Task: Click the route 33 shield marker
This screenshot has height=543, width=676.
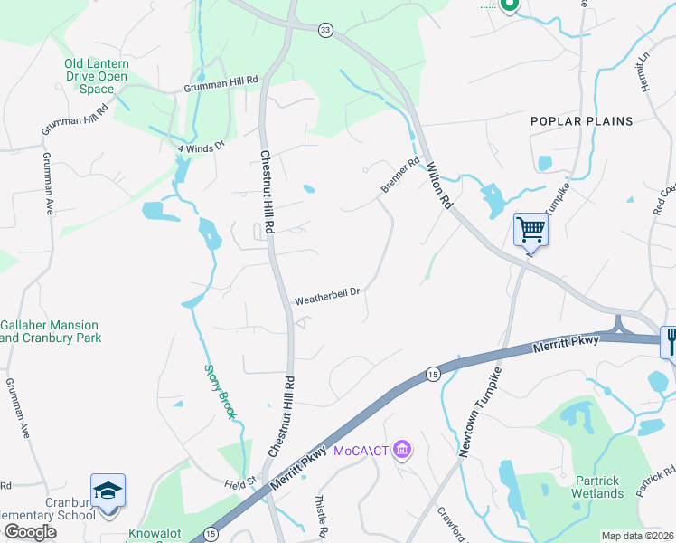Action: tap(325, 30)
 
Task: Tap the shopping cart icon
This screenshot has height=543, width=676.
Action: tap(530, 229)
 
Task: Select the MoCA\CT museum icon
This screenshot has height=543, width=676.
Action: tap(403, 450)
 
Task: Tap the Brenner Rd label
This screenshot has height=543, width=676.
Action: tap(400, 176)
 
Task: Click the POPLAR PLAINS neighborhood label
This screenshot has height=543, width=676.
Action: tap(581, 120)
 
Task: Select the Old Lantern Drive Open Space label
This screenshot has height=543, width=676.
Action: tap(96, 77)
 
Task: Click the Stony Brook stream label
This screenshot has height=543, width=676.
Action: tap(221, 391)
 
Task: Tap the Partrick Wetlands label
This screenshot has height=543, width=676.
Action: tap(597, 487)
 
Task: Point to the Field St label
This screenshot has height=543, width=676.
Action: tap(241, 485)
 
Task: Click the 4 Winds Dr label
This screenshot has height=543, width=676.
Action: tap(200, 146)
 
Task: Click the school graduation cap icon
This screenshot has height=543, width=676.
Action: tap(108, 491)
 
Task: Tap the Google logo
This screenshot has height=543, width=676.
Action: tap(29, 532)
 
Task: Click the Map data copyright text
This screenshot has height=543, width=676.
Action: tap(637, 536)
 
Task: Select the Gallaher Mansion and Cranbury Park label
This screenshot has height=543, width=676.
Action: tap(62, 331)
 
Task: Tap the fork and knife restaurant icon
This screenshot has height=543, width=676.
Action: tap(670, 342)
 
